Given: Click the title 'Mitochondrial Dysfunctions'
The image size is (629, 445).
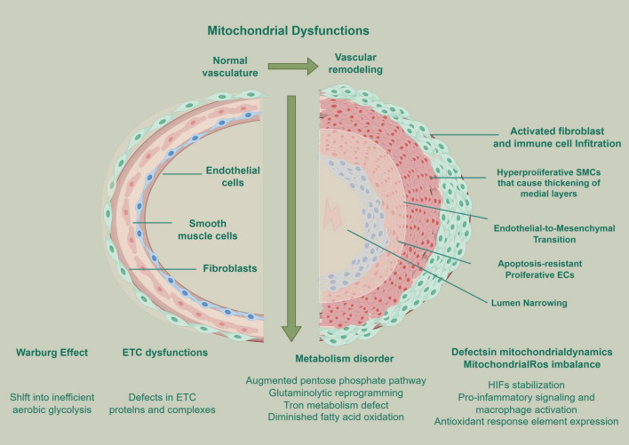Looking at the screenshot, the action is [x=288, y=31].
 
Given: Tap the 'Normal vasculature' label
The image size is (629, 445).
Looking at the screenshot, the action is [x=230, y=67].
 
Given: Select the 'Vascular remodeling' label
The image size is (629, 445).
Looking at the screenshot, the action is [x=355, y=63].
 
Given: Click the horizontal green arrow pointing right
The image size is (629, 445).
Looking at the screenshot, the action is [x=293, y=66].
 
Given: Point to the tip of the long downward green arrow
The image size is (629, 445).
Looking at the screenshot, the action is [x=291, y=342].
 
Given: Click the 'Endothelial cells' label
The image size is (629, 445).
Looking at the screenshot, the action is [x=233, y=177].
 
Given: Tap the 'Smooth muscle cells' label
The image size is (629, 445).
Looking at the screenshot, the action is [x=207, y=229].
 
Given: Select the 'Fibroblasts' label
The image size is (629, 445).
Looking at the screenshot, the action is [x=230, y=268].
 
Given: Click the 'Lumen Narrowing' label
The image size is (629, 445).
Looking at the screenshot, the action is [x=529, y=303].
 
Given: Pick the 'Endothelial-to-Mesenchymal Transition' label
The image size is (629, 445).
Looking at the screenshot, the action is [x=554, y=234].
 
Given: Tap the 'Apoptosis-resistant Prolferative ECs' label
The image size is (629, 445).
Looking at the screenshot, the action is [x=539, y=269].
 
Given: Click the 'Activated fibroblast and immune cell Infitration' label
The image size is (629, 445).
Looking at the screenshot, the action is [x=557, y=137].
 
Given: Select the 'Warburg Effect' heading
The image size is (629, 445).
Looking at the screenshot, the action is [x=52, y=353].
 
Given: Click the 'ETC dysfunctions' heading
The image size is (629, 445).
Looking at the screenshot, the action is [x=165, y=353].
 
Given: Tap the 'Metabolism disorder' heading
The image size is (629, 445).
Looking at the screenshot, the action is [x=344, y=359].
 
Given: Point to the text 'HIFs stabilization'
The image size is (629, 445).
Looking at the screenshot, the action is [x=526, y=385].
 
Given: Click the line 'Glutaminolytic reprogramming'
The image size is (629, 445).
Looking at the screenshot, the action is [x=336, y=393].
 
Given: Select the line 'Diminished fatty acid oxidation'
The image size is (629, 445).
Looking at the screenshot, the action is [x=336, y=417].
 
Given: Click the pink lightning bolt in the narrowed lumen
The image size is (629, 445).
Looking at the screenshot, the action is [x=332, y=214].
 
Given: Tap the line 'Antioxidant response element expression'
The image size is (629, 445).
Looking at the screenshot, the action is [x=526, y=421].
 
